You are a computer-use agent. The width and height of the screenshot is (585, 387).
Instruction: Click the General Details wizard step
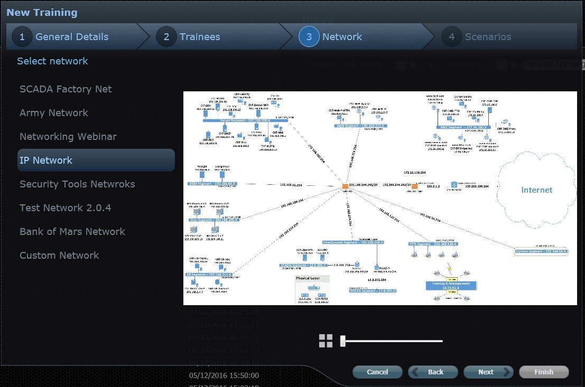tap(71, 37)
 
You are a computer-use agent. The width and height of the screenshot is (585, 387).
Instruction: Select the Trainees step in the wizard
tap(199, 37)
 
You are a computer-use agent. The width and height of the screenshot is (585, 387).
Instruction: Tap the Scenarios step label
tap(488, 37)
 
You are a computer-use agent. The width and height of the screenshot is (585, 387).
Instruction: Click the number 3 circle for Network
tap(309, 37)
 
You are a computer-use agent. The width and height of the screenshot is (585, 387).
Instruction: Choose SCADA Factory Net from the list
tap(66, 89)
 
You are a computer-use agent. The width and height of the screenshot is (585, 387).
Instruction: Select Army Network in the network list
tap(54, 113)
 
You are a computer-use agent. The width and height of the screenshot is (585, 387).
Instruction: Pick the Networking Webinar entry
tap(68, 137)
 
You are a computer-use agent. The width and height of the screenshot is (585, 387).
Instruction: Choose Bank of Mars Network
tap(72, 232)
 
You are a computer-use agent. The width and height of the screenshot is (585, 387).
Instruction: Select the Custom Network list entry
tap(59, 256)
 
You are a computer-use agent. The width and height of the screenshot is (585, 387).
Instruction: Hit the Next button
tap(488, 372)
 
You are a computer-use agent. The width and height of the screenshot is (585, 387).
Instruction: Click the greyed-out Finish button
tap(544, 372)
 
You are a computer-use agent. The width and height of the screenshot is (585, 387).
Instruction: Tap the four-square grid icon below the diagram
tap(326, 341)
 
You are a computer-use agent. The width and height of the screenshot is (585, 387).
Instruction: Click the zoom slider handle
tap(343, 341)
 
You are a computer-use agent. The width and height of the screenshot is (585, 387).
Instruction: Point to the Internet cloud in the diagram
tap(536, 190)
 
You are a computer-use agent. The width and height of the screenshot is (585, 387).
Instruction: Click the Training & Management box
tap(451, 286)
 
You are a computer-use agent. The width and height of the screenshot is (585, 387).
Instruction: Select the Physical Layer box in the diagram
tap(312, 289)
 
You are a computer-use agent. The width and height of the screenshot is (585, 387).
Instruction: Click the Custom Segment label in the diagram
tap(541, 251)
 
